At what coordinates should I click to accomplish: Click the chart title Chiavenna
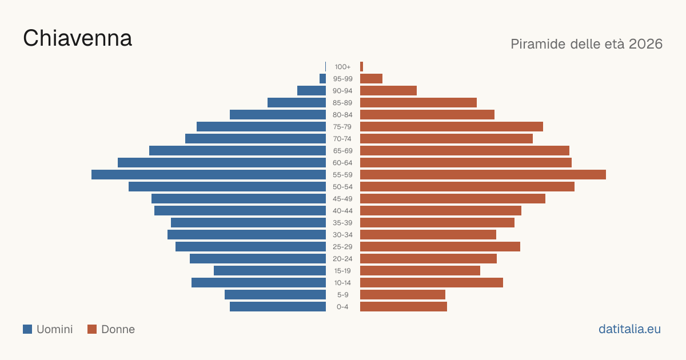(x=78, y=38)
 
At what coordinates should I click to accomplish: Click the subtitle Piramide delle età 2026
(x=587, y=44)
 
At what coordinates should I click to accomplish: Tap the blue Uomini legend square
(x=27, y=329)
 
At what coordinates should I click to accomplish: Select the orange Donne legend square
(x=92, y=329)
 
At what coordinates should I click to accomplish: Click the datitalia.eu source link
(x=629, y=329)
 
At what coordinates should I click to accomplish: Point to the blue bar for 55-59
(x=209, y=174)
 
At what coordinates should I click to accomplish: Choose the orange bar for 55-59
(x=483, y=174)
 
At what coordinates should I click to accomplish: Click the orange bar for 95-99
(x=371, y=79)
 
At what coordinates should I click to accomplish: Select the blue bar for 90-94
(x=312, y=91)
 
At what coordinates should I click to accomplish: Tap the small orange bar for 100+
(x=362, y=67)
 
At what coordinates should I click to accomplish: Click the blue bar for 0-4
(x=278, y=307)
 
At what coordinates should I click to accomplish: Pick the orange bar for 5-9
(x=402, y=295)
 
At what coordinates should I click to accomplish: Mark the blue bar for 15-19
(x=270, y=271)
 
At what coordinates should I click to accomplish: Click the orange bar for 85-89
(x=418, y=102)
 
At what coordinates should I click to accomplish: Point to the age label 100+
(x=342, y=67)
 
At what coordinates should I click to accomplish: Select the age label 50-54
(x=342, y=187)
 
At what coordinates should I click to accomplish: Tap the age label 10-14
(x=342, y=283)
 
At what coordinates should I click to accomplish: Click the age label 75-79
(x=342, y=127)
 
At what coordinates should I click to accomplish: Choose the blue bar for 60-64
(x=222, y=162)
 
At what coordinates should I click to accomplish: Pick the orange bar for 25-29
(x=440, y=247)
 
